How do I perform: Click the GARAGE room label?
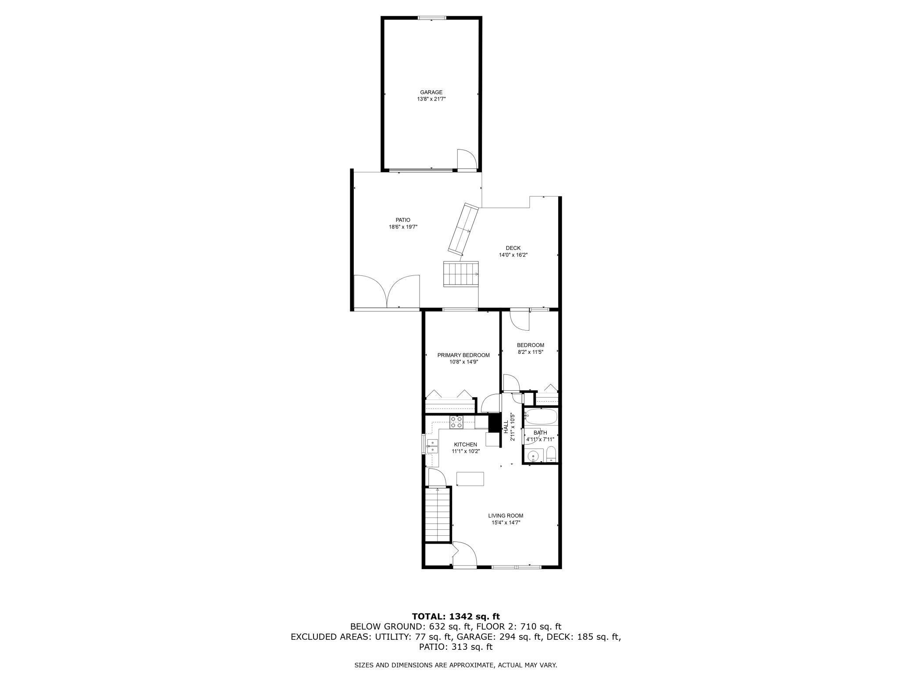pyautogui.click(x=431, y=92)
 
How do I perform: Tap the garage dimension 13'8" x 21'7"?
pyautogui.click(x=431, y=99)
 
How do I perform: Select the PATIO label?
pyautogui.click(x=403, y=220)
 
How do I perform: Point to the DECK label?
pyautogui.click(x=513, y=248)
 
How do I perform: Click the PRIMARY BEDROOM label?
pyautogui.click(x=463, y=355)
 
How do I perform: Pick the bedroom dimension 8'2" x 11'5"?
pyautogui.click(x=530, y=352)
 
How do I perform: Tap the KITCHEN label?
pyautogui.click(x=465, y=445)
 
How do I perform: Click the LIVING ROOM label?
pyautogui.click(x=506, y=516)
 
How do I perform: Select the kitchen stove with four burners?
pyautogui.click(x=456, y=422)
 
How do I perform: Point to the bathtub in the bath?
pyautogui.click(x=541, y=416)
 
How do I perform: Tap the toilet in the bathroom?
pyautogui.click(x=551, y=455)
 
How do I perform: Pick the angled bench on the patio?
pyautogui.click(x=463, y=229)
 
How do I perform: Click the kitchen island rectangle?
pyautogui.click(x=470, y=478)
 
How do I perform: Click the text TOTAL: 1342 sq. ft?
pyautogui.click(x=456, y=616)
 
